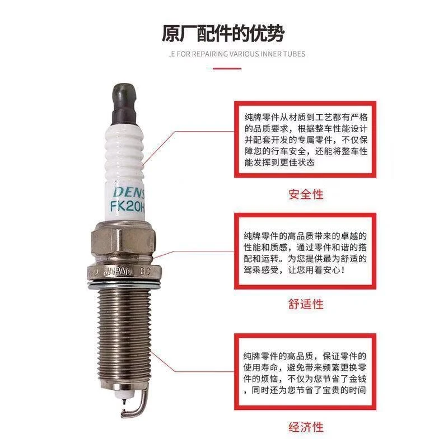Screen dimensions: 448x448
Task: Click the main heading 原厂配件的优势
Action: coord(223,34)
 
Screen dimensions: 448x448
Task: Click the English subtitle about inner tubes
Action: coord(237,54)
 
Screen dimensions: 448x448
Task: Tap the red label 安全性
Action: coord(306,194)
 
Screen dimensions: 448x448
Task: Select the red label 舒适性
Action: coord(306,305)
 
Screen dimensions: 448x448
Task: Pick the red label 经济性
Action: coord(306,427)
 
